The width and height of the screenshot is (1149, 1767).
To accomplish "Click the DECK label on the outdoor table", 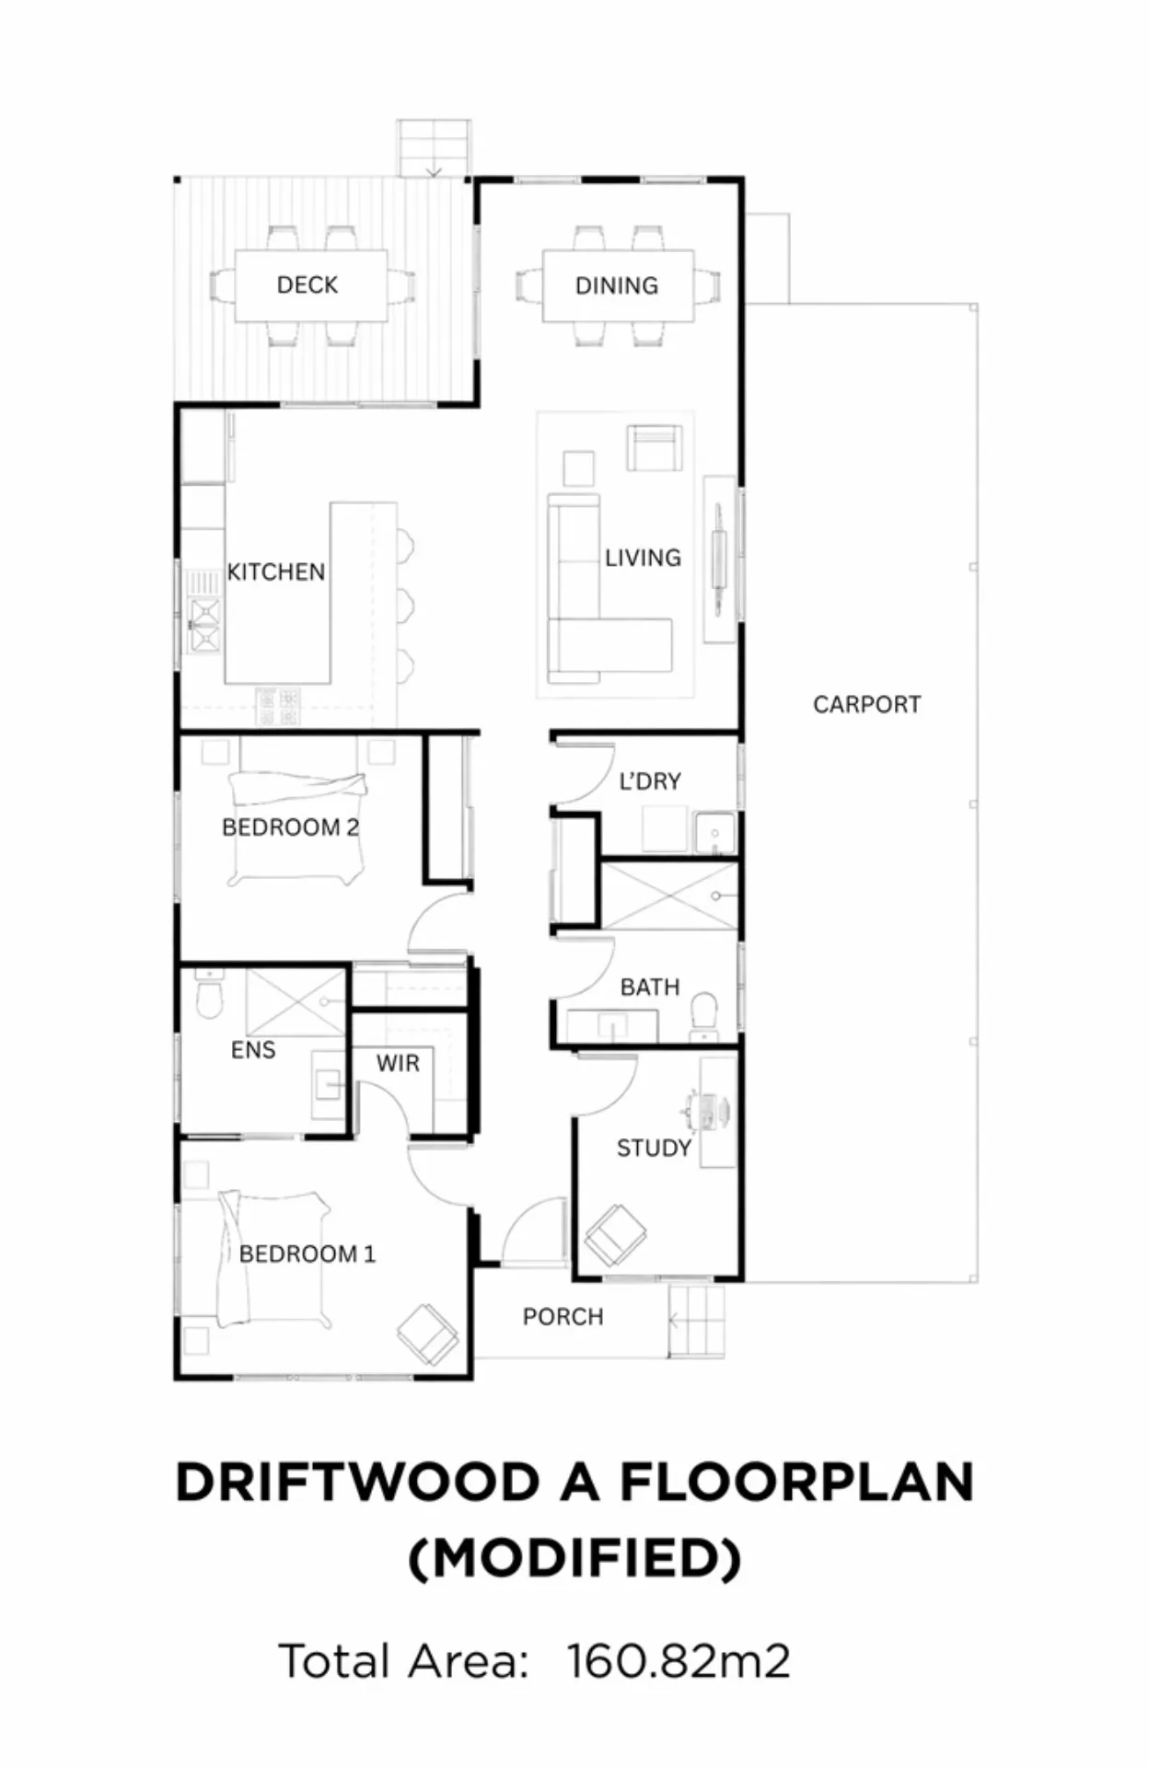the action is click(x=308, y=285).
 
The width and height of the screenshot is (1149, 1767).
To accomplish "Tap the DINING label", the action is click(x=617, y=286).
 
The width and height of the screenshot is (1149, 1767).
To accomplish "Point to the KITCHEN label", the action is click(x=276, y=572).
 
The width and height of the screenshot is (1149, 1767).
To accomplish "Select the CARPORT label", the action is click(x=867, y=705).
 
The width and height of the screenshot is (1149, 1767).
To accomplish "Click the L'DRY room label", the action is click(x=650, y=781).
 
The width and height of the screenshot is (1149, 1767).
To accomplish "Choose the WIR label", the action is click(x=398, y=1064).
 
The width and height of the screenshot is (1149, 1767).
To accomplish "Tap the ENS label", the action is click(x=253, y=1050).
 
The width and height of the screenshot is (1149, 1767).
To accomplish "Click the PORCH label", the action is click(x=563, y=1317).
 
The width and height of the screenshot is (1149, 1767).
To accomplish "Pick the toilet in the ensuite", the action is click(x=210, y=995).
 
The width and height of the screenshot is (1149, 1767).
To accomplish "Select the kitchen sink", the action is click(x=204, y=624).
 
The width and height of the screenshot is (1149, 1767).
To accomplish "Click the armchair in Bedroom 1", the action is click(x=428, y=1334).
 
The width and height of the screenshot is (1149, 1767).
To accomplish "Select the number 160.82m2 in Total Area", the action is click(x=679, y=1661).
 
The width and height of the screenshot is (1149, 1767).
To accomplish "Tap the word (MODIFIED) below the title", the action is click(x=574, y=1558).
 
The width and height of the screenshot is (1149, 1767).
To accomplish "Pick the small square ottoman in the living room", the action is click(x=579, y=468).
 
